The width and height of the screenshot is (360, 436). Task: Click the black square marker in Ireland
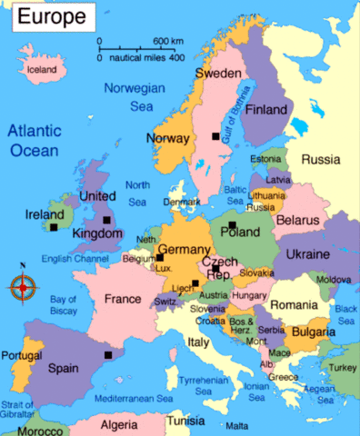click(55, 227)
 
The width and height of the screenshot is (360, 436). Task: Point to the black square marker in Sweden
click(215, 136)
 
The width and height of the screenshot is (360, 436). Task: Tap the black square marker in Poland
click(232, 224)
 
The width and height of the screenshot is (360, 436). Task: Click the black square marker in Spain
click(108, 355)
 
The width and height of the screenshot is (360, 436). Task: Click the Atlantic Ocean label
click(35, 141)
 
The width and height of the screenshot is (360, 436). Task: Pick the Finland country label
click(266, 110)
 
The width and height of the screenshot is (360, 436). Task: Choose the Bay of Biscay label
click(64, 305)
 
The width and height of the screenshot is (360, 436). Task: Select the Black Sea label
click(345, 315)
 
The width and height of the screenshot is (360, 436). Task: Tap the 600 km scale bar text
click(168, 42)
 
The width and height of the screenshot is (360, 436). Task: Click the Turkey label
click(343, 367)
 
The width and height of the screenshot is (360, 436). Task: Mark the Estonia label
click(265, 160)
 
